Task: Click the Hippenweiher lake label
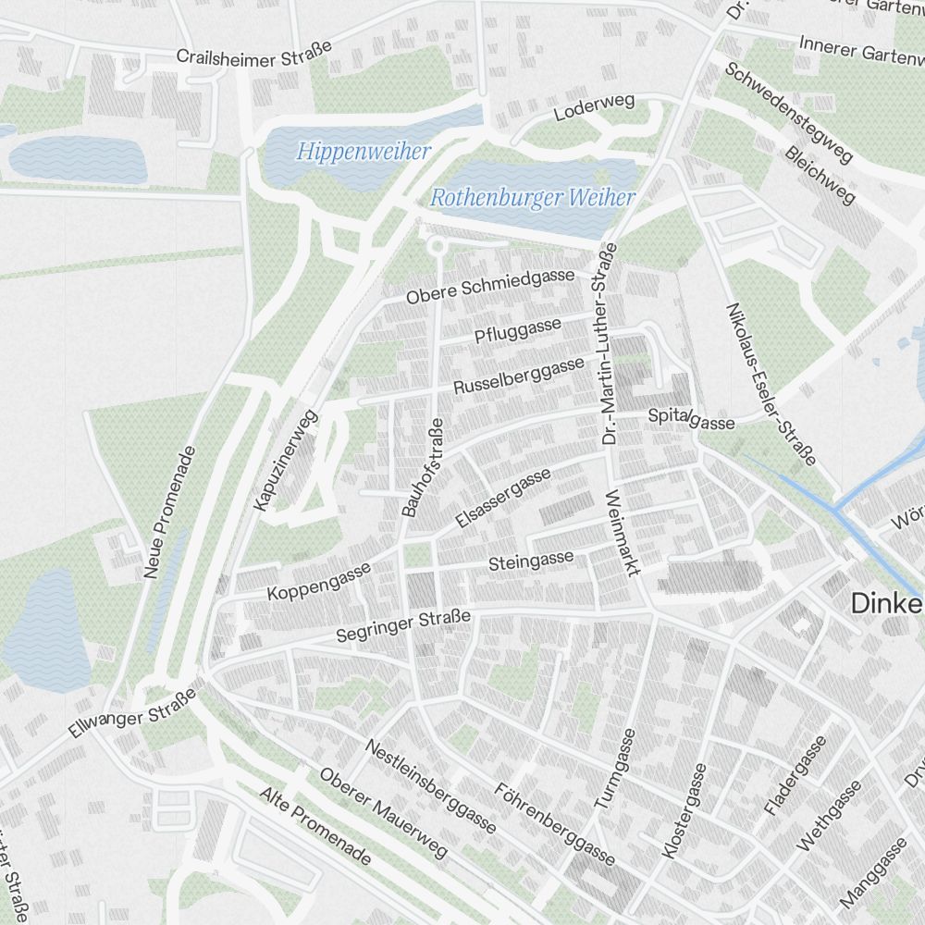[364, 151]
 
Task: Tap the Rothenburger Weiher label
[533, 197]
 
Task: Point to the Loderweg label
[594, 109]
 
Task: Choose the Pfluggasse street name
[518, 329]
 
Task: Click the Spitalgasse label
[691, 419]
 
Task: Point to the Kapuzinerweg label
[285, 460]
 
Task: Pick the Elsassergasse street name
[504, 498]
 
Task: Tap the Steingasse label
[531, 561]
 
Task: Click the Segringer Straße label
[404, 627]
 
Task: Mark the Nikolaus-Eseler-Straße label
[771, 384]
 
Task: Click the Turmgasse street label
[615, 771]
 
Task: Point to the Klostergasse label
[685, 811]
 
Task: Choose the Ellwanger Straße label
[133, 713]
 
